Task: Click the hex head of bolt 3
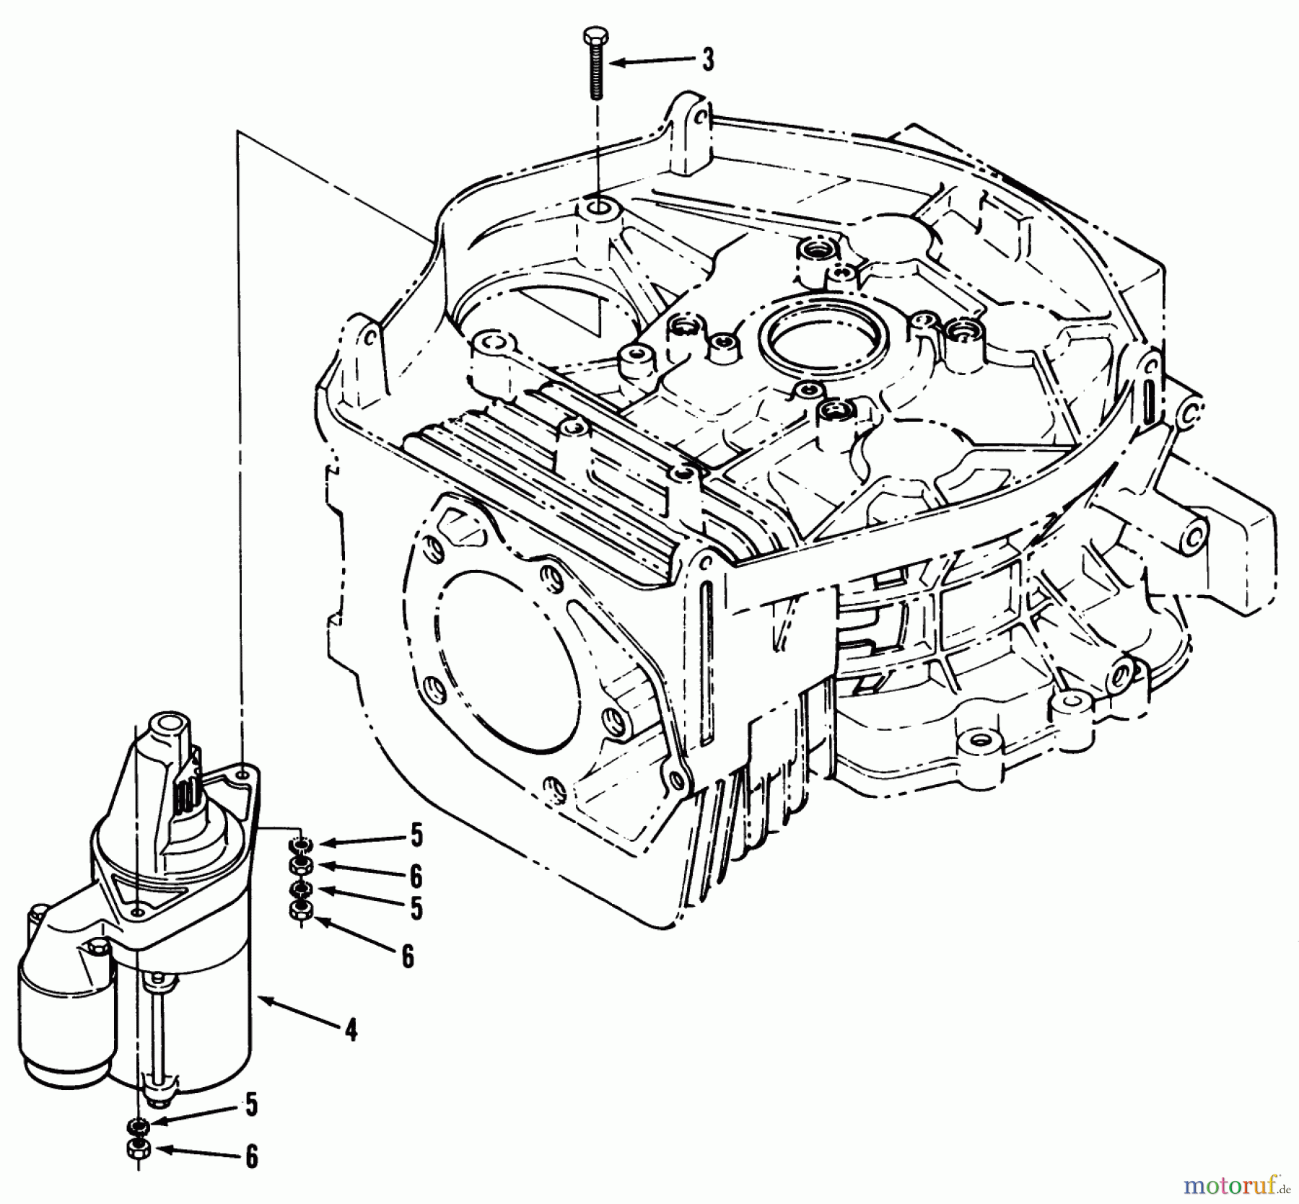point(595,35)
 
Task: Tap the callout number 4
point(351,1030)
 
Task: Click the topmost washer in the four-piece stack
point(299,845)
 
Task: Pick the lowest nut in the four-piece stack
point(299,911)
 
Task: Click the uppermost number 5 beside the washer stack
point(416,836)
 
